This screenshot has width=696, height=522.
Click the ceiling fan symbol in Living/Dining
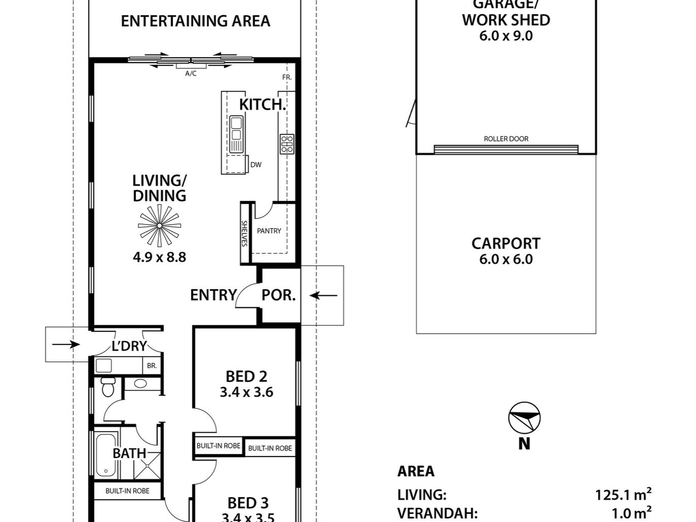point(159,226)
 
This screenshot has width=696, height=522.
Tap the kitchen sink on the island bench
point(236,134)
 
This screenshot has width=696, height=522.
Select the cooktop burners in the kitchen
point(287,144)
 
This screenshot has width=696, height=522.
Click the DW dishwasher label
point(256,165)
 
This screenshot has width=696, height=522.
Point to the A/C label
point(191,73)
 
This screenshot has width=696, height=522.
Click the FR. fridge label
point(287,77)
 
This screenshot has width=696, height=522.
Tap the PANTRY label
point(269,231)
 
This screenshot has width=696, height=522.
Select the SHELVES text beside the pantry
point(244,234)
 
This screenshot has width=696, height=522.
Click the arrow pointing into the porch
point(323,296)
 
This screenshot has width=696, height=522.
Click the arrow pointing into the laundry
point(66,345)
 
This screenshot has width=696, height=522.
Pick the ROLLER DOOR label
point(506,139)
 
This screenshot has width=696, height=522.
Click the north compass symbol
point(524,418)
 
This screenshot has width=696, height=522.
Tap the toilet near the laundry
point(108,387)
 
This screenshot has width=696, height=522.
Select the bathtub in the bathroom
point(105,455)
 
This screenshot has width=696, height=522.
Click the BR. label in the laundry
point(152,366)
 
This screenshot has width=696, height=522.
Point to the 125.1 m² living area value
point(623,494)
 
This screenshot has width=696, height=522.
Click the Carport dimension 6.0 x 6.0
point(506,259)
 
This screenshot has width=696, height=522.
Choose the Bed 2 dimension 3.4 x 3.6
point(246,392)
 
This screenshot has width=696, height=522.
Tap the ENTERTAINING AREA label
point(196,21)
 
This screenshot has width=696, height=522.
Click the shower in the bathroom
point(147,466)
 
